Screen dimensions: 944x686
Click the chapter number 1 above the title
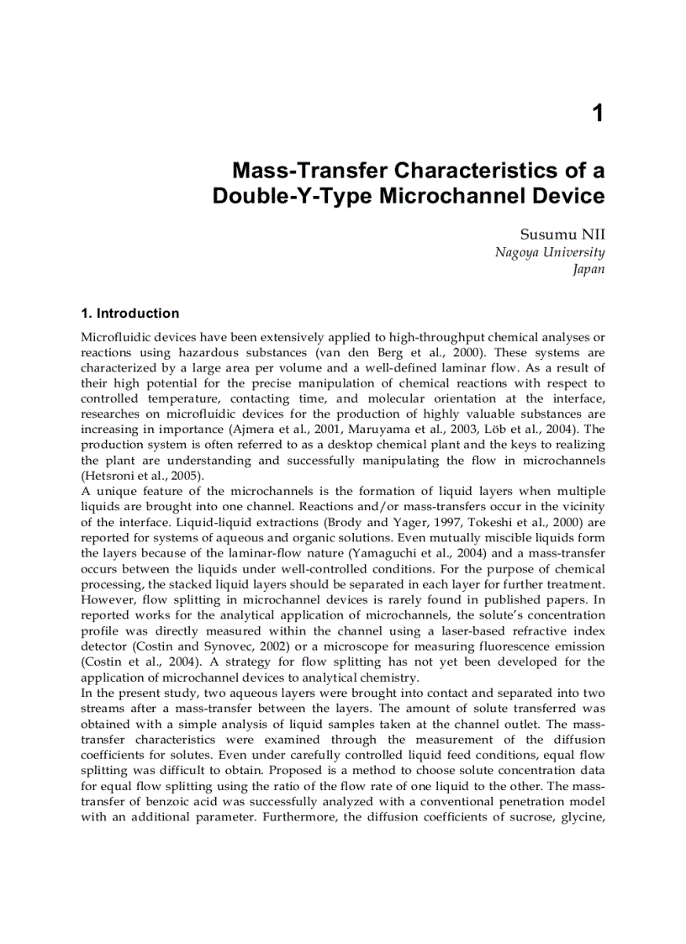(598, 113)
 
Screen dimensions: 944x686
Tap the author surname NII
(588, 235)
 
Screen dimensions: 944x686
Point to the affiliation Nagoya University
(549, 252)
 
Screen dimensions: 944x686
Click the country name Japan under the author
(588, 270)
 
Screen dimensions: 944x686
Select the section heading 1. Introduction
(129, 314)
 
